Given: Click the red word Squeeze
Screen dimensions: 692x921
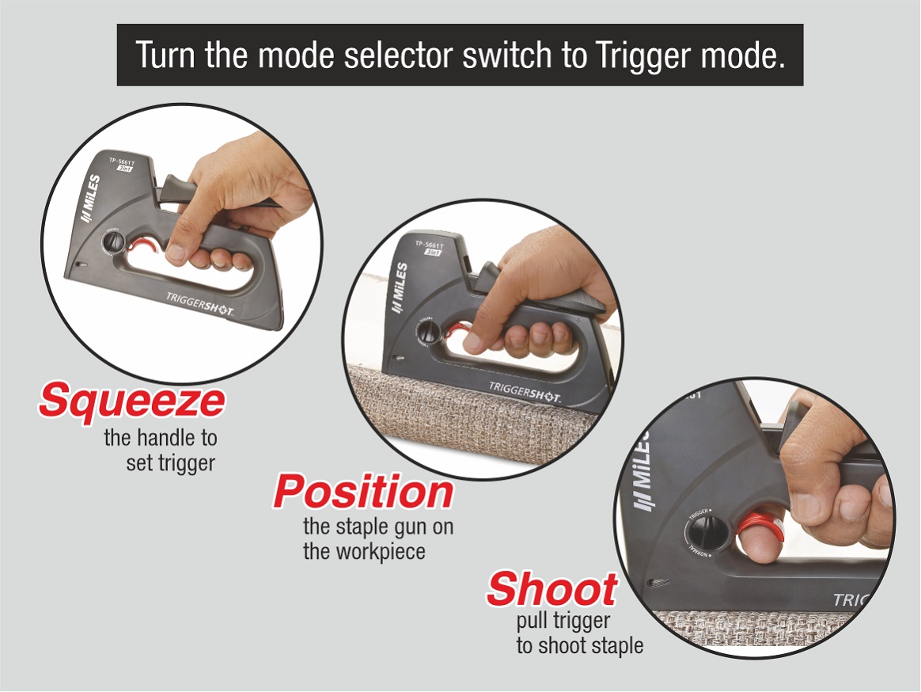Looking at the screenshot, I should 131,401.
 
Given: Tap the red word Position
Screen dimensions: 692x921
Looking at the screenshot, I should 363,492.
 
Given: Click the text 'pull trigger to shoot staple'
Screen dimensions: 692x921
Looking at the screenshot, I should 579,633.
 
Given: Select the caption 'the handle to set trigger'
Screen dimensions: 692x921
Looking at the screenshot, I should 161,450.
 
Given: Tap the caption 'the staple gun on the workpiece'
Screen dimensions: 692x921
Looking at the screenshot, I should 377,538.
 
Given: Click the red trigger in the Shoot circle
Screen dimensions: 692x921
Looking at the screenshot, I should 758,529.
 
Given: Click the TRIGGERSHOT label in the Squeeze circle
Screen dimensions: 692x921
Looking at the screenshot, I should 199,302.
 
